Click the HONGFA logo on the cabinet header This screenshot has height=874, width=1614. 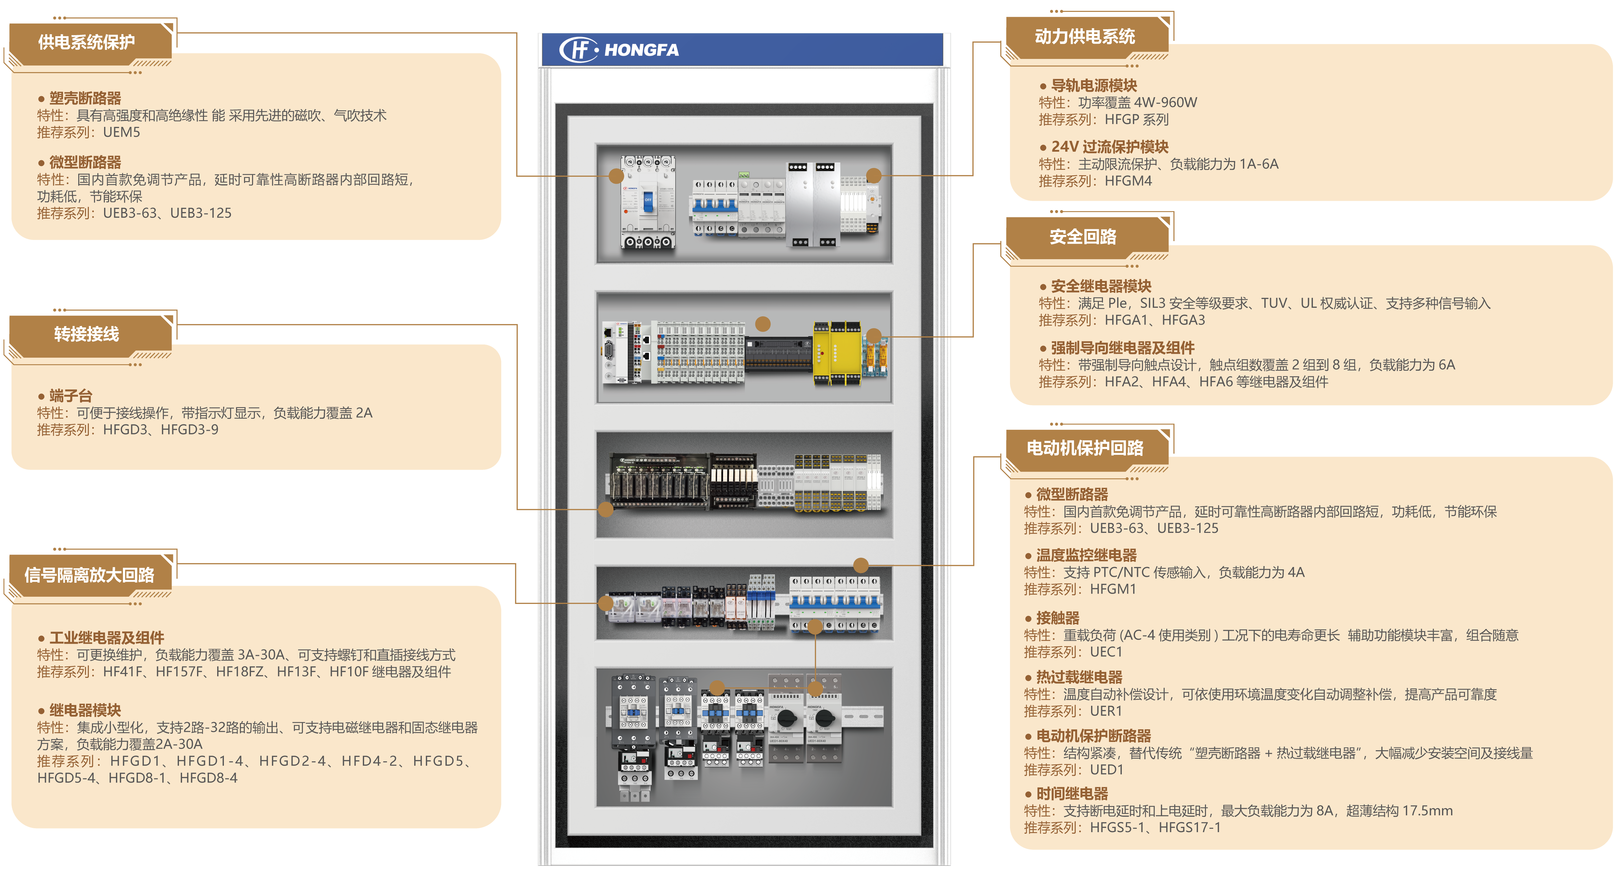619,50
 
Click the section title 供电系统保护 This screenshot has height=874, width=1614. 87,42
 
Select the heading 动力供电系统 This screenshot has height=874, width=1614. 1085,36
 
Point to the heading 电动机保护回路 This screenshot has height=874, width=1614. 1085,448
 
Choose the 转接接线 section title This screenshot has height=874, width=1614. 87,334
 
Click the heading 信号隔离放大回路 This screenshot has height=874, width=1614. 89,574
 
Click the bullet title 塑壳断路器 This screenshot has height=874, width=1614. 85,98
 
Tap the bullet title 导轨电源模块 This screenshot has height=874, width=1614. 1093,85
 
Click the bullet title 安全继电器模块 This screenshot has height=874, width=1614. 1101,286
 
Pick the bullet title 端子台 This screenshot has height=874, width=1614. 71,396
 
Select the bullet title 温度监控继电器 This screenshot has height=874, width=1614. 1086,555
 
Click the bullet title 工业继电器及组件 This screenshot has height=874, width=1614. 106,638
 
